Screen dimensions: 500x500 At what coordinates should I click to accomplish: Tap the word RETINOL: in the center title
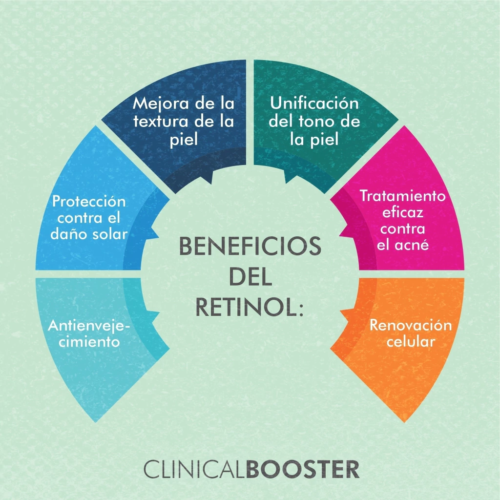pos(250,307)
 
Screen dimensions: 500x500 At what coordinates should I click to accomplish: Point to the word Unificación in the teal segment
pos(314,104)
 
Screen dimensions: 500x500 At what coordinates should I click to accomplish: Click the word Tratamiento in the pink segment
pos(403,196)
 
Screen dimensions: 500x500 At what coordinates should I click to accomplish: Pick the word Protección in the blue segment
pos(89,201)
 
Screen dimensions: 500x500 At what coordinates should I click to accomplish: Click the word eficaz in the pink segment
pos(403,213)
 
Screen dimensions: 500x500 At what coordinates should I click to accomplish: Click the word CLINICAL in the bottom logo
pos(194,469)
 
